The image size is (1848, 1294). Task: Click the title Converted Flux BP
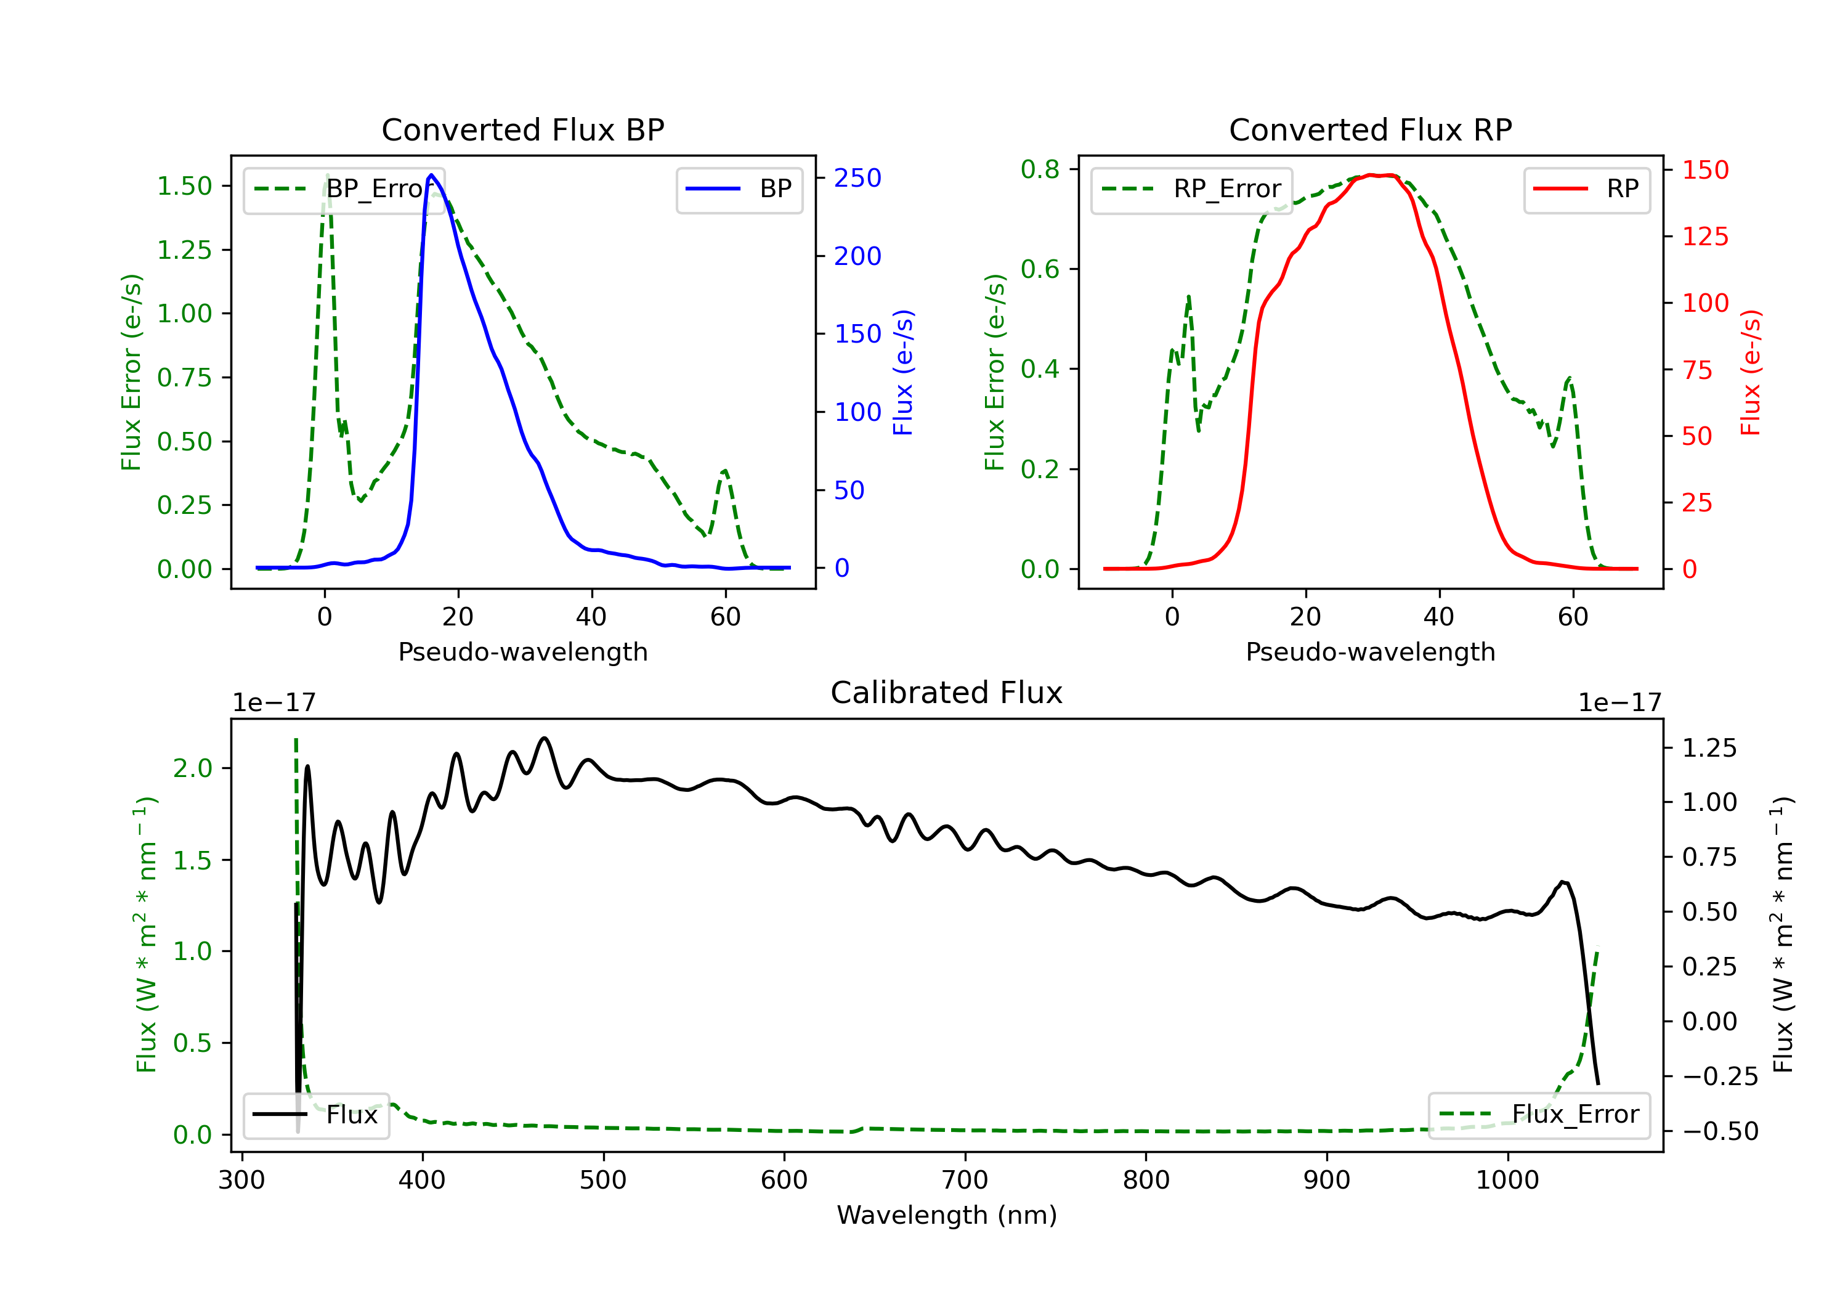click(x=523, y=129)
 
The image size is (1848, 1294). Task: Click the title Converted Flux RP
click(x=1371, y=129)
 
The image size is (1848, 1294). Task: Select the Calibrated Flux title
click(x=947, y=693)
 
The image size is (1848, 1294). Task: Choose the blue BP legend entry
click(x=739, y=189)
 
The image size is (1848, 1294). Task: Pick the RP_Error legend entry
click(x=1191, y=189)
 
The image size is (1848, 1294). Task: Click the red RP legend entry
click(x=1586, y=189)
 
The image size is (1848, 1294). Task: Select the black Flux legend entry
click(x=315, y=1115)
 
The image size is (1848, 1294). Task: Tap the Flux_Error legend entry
click(x=1539, y=1115)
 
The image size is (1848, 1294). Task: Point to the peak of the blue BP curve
click(x=431, y=175)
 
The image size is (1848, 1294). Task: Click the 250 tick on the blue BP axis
click(x=858, y=178)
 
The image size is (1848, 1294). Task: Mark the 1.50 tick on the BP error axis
click(x=184, y=186)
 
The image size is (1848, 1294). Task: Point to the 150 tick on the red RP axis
click(x=1706, y=170)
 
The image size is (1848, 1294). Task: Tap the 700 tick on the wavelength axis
click(x=965, y=1181)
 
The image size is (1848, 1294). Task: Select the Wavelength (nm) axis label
click(x=947, y=1215)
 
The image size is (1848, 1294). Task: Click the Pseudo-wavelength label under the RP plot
click(x=1371, y=652)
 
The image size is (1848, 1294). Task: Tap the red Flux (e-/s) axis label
click(x=1751, y=373)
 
